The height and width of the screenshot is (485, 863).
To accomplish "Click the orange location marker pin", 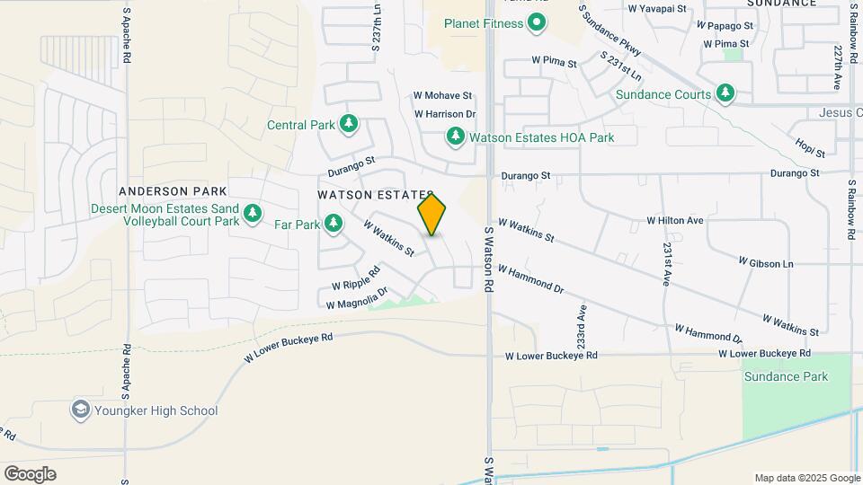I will point(432,215).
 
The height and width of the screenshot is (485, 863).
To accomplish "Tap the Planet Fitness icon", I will point(537,23).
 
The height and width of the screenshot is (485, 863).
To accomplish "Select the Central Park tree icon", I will point(348,124).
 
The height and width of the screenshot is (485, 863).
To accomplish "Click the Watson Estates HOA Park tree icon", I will point(456,137).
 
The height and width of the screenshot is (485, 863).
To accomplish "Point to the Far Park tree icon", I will point(334,223).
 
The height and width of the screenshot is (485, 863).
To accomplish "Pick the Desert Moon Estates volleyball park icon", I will point(254,214).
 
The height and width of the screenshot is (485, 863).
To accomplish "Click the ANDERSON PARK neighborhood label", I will point(173,191).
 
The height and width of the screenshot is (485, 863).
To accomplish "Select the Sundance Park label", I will point(786,376).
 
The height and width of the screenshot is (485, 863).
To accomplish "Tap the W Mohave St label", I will point(442,95).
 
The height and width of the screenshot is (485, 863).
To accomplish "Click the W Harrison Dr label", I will point(444,114).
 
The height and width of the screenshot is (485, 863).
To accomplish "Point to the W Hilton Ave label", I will point(675,220).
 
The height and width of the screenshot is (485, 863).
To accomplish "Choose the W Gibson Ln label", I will point(766,263).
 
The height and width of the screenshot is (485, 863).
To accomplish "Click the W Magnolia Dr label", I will point(357,298).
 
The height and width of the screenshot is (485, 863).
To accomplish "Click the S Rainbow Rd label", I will point(851,208).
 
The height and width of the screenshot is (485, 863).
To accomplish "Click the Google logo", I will point(30,473).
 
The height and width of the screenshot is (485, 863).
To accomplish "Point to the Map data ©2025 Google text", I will point(805,478).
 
